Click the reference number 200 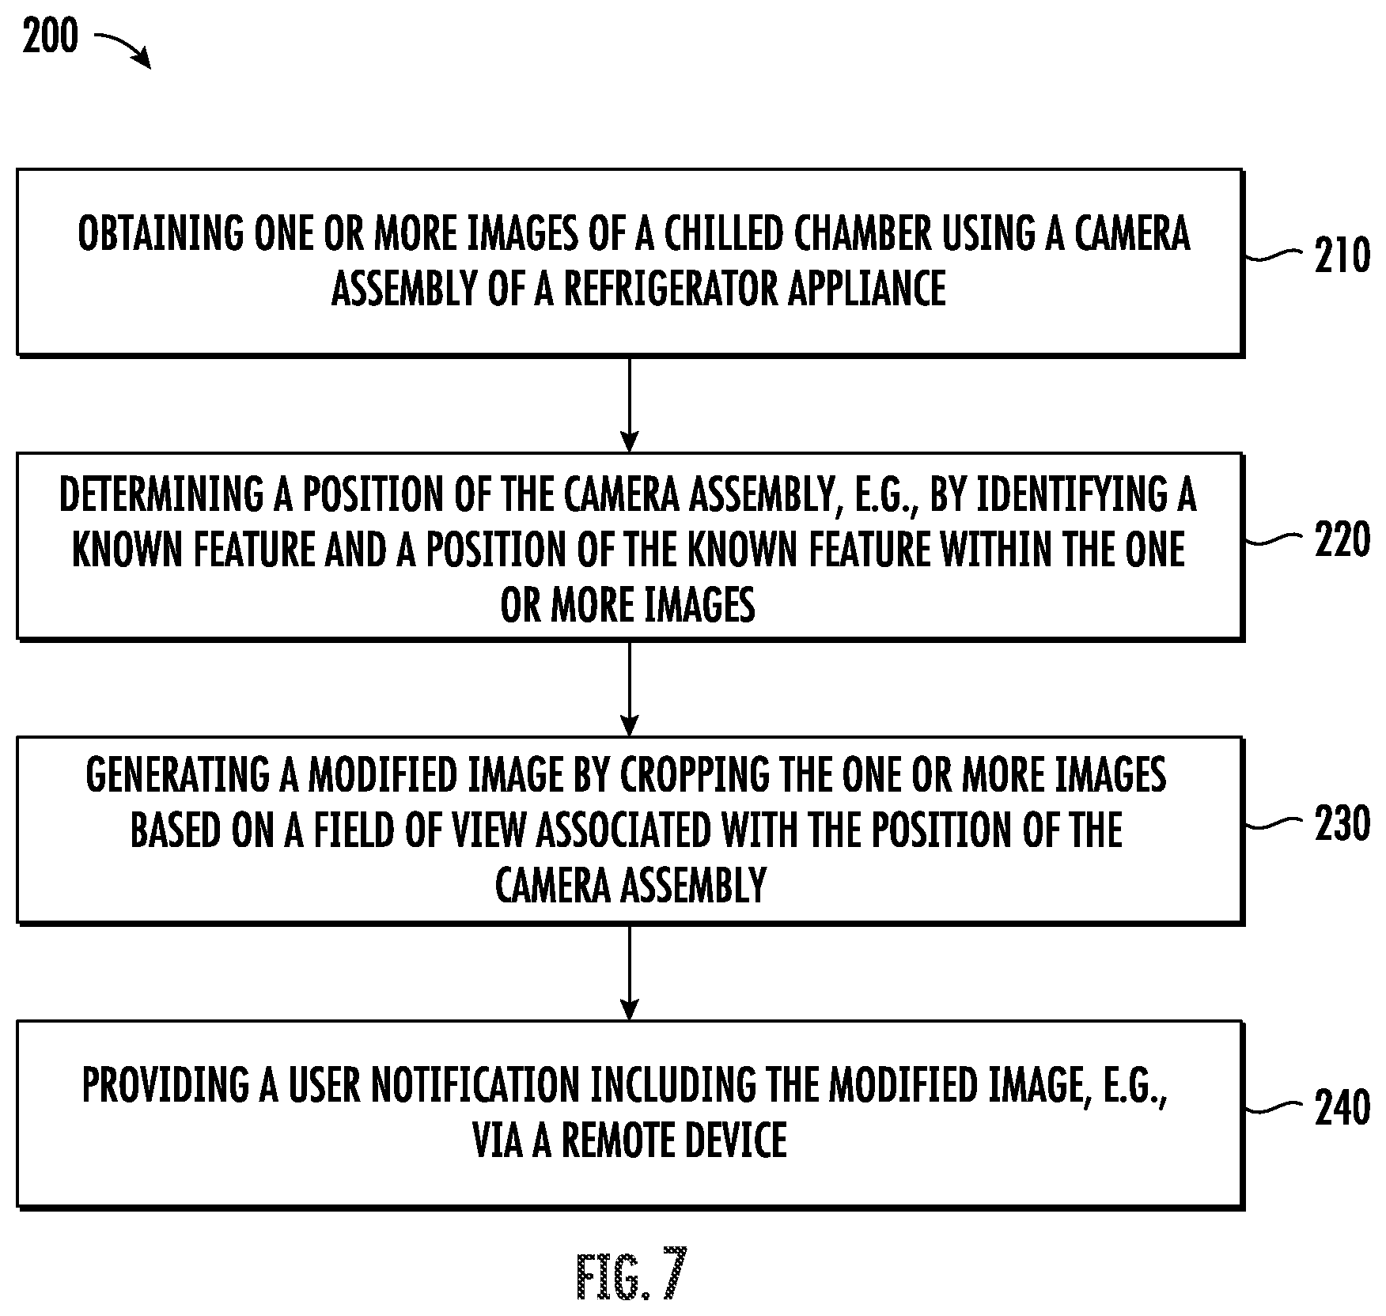pos(51,36)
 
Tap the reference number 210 pos(1342,256)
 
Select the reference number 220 pos(1342,540)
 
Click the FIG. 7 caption pos(631,1275)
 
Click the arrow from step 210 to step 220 pos(629,404)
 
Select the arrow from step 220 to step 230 pos(629,688)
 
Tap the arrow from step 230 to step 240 pos(629,972)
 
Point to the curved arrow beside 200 pos(123,48)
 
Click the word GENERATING pos(178,776)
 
